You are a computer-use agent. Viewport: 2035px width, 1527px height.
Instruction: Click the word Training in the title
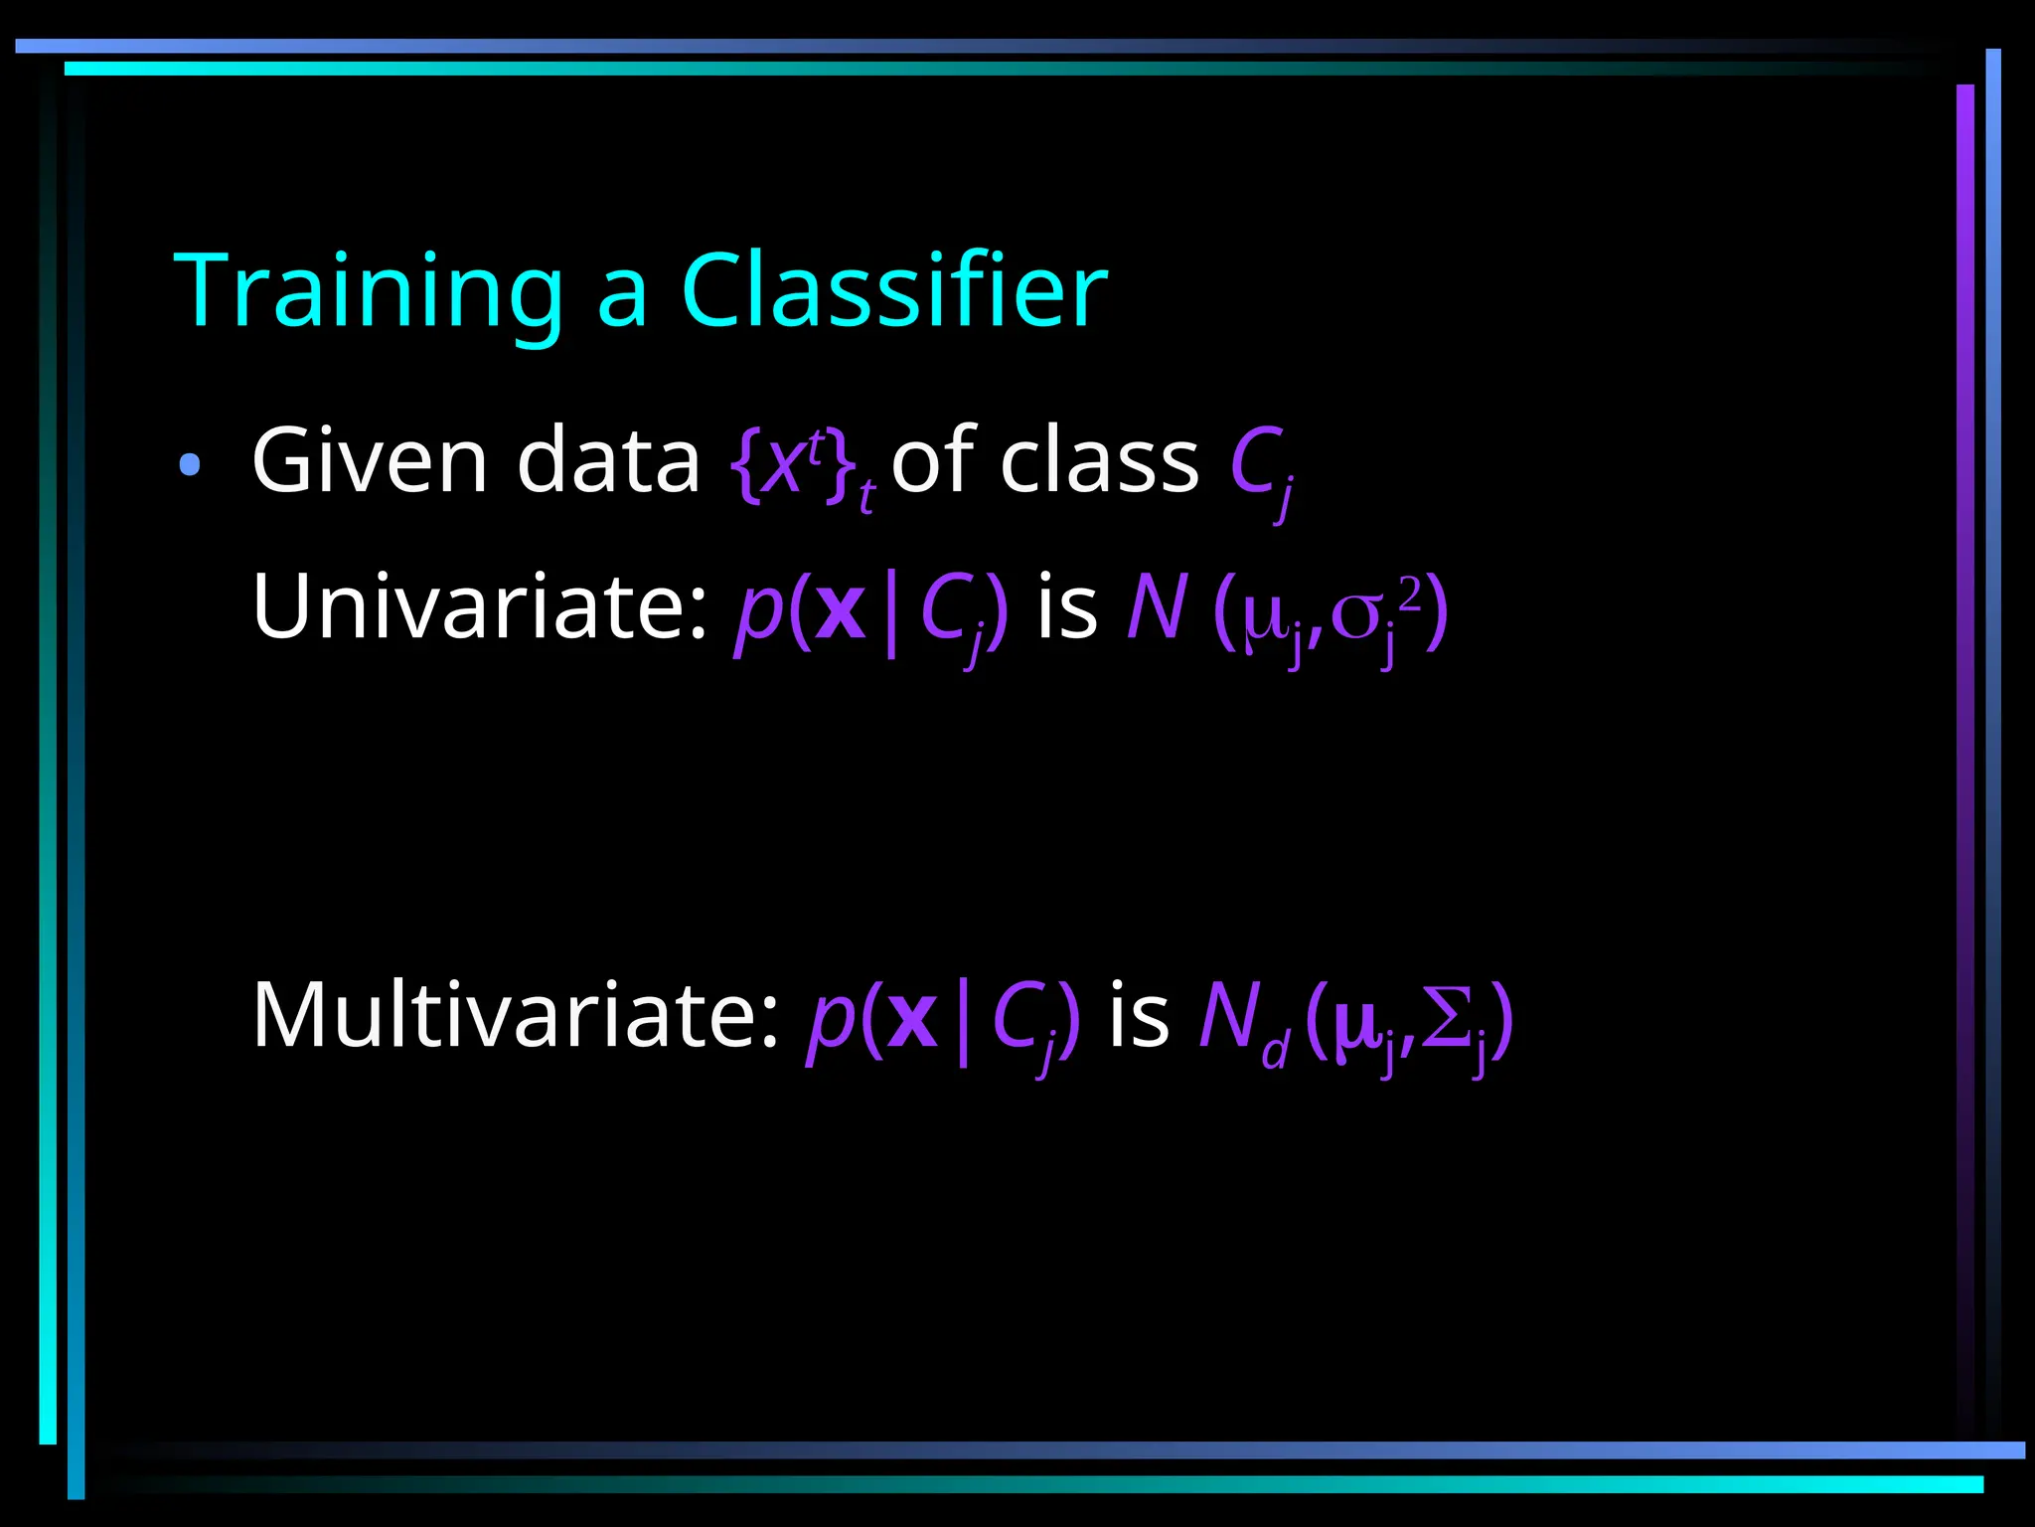pyautogui.click(x=369, y=290)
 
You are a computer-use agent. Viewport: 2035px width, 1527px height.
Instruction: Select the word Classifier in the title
pyautogui.click(x=894, y=290)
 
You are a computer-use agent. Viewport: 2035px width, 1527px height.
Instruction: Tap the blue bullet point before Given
pyautogui.click(x=190, y=464)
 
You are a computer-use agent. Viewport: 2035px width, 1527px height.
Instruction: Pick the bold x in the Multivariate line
pyautogui.click(x=912, y=1020)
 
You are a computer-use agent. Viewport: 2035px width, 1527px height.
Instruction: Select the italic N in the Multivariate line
pyautogui.click(x=1229, y=1015)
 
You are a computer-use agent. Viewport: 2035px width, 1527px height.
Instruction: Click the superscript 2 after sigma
pyautogui.click(x=1410, y=594)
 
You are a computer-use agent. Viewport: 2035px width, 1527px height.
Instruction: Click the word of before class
pyautogui.click(x=933, y=460)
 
